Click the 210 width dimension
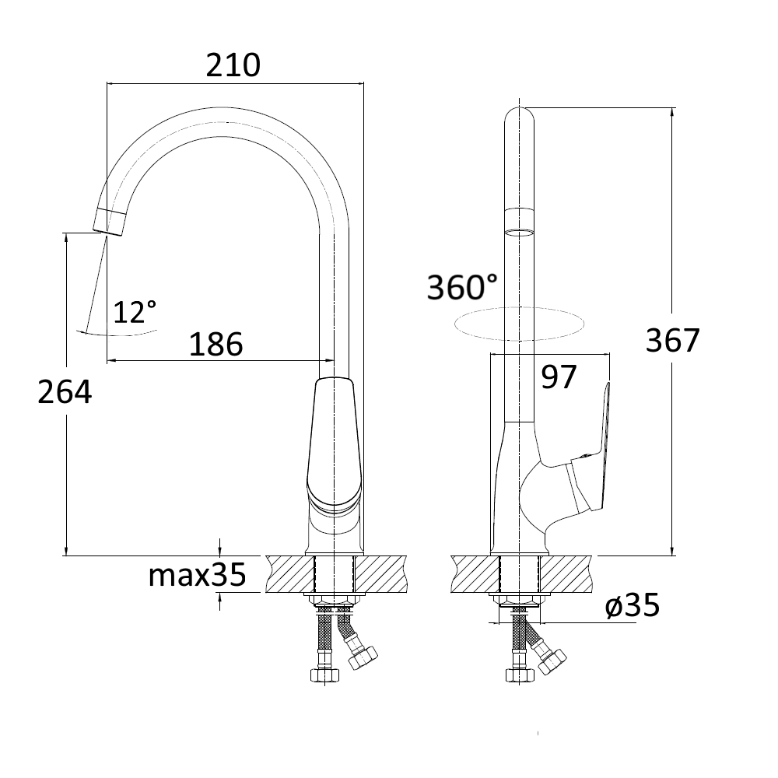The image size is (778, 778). [x=233, y=65]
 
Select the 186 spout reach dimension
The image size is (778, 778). [x=216, y=344]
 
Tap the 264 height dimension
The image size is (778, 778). [x=65, y=392]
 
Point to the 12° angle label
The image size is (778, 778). [x=135, y=312]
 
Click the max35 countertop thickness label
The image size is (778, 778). [x=198, y=575]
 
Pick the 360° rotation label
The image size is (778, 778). [x=462, y=287]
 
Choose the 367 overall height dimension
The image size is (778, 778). [x=673, y=341]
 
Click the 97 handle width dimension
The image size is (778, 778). [x=559, y=377]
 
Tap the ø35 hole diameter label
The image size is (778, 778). [x=633, y=605]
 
